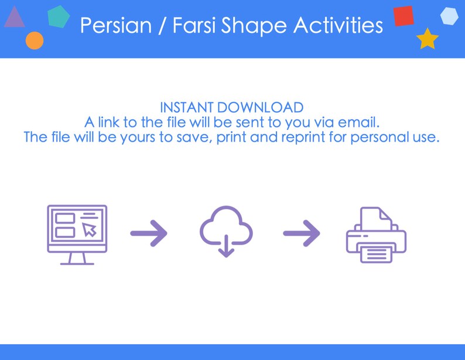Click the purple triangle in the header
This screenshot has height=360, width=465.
tap(14, 19)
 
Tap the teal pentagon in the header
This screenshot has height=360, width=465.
tap(58, 17)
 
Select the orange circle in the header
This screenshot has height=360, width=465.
tap(35, 40)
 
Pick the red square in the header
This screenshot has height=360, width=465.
tap(404, 16)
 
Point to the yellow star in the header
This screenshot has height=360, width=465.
tap(428, 39)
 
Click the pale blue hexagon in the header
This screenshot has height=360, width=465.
tap(449, 16)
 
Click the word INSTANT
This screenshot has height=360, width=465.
tap(186, 108)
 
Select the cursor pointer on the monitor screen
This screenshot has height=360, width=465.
tap(89, 229)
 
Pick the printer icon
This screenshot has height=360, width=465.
tap(376, 236)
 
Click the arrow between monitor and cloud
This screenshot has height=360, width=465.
tap(149, 234)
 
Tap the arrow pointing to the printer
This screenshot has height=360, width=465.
tap(302, 234)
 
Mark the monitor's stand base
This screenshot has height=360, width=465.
tap(77, 263)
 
